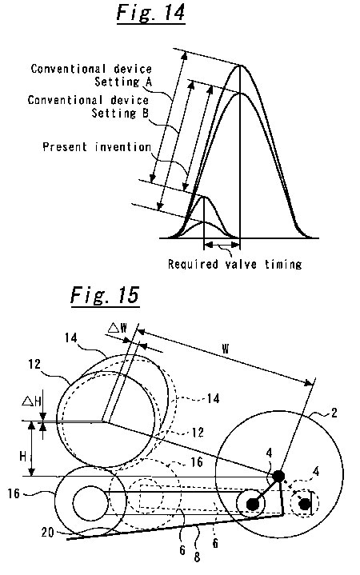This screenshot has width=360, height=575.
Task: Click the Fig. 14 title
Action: (x=150, y=13)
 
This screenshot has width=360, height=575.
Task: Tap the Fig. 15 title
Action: (x=105, y=294)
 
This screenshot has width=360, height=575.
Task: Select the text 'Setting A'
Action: (x=123, y=82)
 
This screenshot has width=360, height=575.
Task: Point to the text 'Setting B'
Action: (x=120, y=113)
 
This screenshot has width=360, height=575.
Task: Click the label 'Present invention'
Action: (x=97, y=147)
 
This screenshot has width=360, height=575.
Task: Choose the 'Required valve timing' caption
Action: (x=235, y=264)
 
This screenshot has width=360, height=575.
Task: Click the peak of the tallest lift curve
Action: (x=240, y=66)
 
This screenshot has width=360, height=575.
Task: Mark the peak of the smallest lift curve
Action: (x=204, y=222)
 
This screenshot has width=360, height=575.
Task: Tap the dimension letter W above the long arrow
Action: (x=226, y=349)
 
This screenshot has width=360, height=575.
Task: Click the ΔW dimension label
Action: (x=118, y=327)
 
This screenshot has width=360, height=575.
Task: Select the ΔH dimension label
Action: (x=31, y=401)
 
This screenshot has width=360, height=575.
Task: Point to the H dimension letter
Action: (x=23, y=457)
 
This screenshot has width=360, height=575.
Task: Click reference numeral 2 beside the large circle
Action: (x=334, y=413)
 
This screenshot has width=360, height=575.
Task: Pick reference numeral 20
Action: (x=48, y=532)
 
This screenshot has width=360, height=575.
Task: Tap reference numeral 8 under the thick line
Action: (x=197, y=557)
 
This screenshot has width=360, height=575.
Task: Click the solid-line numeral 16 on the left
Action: (x=14, y=493)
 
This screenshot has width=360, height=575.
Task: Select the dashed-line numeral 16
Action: (x=197, y=461)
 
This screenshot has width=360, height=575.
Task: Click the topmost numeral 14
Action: (x=71, y=337)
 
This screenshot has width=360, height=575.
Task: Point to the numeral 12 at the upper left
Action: (x=34, y=364)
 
